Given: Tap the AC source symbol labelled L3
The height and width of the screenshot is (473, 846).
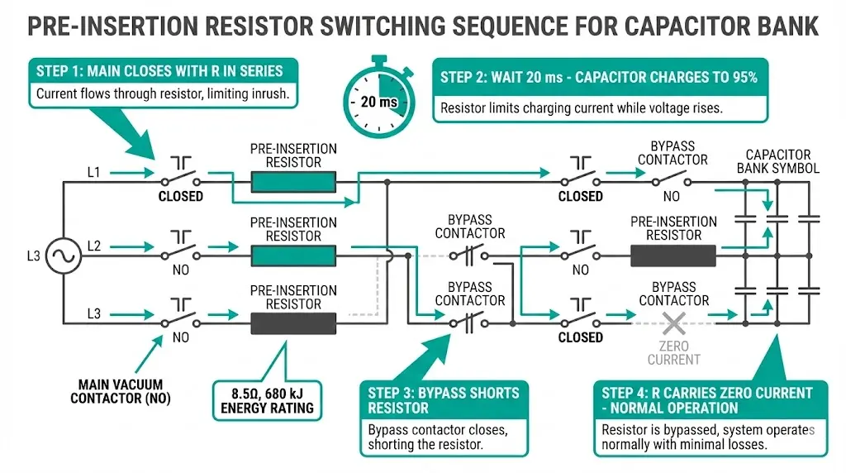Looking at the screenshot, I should point(62,256).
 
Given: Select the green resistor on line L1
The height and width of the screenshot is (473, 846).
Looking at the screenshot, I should point(293,181).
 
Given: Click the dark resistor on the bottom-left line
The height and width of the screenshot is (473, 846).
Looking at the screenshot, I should point(293,323).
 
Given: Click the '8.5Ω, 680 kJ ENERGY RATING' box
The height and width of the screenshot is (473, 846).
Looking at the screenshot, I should point(267,400).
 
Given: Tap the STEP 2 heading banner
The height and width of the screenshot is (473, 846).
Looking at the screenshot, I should point(599,78).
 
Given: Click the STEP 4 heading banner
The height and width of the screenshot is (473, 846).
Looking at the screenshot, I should point(706,399).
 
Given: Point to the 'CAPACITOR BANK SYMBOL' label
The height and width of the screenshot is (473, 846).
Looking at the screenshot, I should point(777,161).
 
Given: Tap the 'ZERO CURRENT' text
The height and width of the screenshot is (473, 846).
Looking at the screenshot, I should point(673,352).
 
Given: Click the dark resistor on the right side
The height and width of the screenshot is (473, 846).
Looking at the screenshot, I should point(673,256).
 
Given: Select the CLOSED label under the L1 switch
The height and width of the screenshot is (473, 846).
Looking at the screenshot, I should point(181,197).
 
